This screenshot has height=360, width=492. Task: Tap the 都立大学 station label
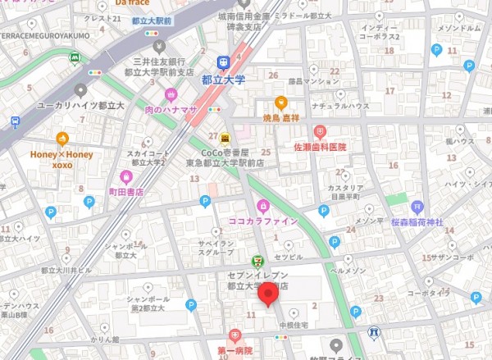(222, 80)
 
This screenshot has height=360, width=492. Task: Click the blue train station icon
(222, 62)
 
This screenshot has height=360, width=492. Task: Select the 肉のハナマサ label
(171, 110)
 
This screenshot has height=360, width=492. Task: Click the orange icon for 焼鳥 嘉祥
(280, 103)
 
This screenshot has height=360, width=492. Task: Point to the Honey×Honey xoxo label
(62, 158)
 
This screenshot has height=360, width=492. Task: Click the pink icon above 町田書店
(126, 176)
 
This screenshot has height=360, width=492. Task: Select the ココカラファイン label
(262, 221)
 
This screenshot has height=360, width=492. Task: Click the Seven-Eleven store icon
(257, 261)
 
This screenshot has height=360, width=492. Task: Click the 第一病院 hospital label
(235, 350)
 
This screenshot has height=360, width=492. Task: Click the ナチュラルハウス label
(321, 107)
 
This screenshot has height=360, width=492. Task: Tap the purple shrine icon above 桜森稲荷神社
(417, 206)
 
